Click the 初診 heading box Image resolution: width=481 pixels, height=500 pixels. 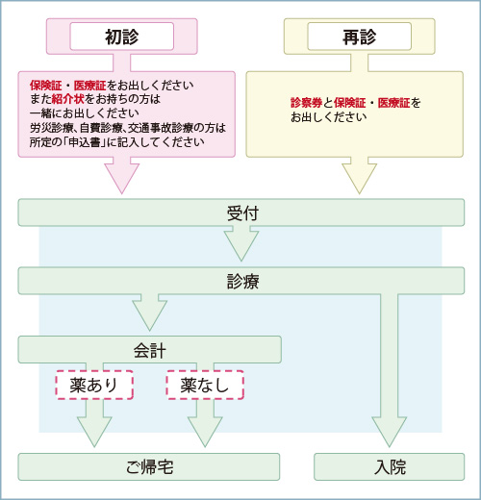coord(122,37)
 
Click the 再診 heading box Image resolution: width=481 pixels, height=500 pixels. coord(360,37)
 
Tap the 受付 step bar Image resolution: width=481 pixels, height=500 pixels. coord(241,212)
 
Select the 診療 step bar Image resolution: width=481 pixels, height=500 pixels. coord(241,281)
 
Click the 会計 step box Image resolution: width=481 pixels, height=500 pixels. coord(150,350)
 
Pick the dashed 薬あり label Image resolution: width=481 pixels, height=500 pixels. coord(94,385)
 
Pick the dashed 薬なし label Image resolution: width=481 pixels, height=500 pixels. coord(205,385)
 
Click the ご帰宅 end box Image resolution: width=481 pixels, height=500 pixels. coord(149,466)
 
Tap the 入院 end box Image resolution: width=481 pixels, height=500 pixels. coord(390,466)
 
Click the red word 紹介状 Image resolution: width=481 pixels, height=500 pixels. coord(67,99)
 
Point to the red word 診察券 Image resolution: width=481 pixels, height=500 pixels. coord(307,103)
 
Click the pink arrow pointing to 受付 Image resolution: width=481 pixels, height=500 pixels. coord(122,176)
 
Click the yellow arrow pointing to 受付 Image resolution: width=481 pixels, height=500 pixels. coord(360,176)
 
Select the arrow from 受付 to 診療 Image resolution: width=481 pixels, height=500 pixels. coord(241,243)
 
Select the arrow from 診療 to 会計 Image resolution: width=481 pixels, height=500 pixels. coord(150,312)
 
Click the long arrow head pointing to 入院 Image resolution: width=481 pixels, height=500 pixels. coord(390,431)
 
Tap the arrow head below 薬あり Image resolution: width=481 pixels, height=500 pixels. coord(94,431)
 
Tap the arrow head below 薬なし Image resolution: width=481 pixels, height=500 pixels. coord(205,431)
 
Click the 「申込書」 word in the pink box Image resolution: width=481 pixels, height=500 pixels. coord(85,142)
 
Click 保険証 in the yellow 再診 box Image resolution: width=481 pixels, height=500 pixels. coord(350,103)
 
